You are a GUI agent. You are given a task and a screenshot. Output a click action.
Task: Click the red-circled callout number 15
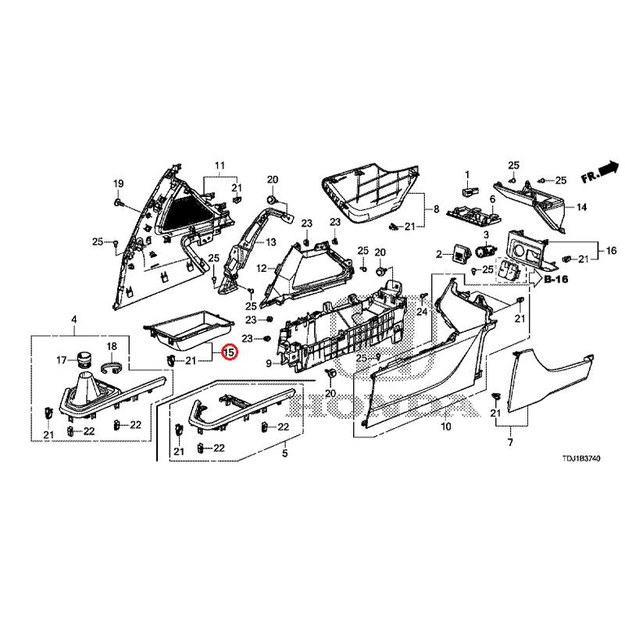click(228, 353)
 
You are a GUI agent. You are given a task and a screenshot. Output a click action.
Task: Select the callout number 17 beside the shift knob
click(61, 360)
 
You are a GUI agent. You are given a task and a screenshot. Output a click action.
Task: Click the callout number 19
click(118, 184)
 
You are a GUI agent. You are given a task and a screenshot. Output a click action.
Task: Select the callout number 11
click(220, 165)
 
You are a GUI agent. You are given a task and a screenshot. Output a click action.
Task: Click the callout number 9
click(269, 363)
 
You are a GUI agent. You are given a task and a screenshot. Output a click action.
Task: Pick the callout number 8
click(437, 209)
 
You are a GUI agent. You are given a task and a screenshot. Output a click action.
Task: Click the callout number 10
click(446, 427)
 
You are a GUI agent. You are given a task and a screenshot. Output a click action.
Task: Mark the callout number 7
click(510, 442)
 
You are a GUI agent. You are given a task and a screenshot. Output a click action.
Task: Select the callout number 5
click(284, 454)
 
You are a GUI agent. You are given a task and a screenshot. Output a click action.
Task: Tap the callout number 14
click(581, 208)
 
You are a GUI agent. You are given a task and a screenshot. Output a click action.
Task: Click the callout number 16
click(611, 251)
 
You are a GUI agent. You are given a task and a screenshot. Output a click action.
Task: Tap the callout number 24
click(423, 312)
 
